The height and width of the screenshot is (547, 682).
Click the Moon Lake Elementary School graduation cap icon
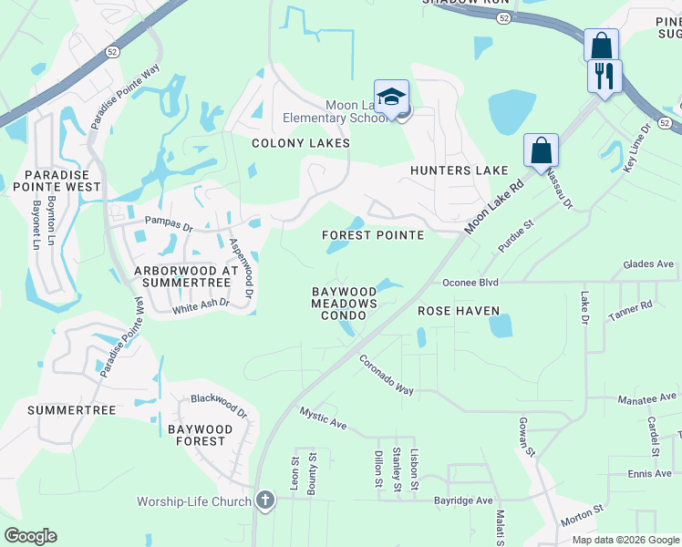point(391,98)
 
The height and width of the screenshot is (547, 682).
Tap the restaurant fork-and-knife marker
point(604,75)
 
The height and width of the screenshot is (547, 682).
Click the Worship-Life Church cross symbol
point(265,500)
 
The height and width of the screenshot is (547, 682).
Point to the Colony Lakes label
point(301,143)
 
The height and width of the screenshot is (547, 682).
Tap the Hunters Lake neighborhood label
point(459,170)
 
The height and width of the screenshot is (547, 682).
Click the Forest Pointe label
point(373,235)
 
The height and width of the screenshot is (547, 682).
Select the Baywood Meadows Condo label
point(345,304)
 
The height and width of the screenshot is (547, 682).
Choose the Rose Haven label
point(459,311)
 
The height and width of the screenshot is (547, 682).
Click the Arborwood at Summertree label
point(186,277)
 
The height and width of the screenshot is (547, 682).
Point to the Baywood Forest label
point(196,435)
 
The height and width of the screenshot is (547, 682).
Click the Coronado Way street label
point(387,374)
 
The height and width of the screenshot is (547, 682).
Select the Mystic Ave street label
point(324,418)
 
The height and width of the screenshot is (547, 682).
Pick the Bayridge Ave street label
point(463,501)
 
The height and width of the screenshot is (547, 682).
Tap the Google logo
point(30,536)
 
